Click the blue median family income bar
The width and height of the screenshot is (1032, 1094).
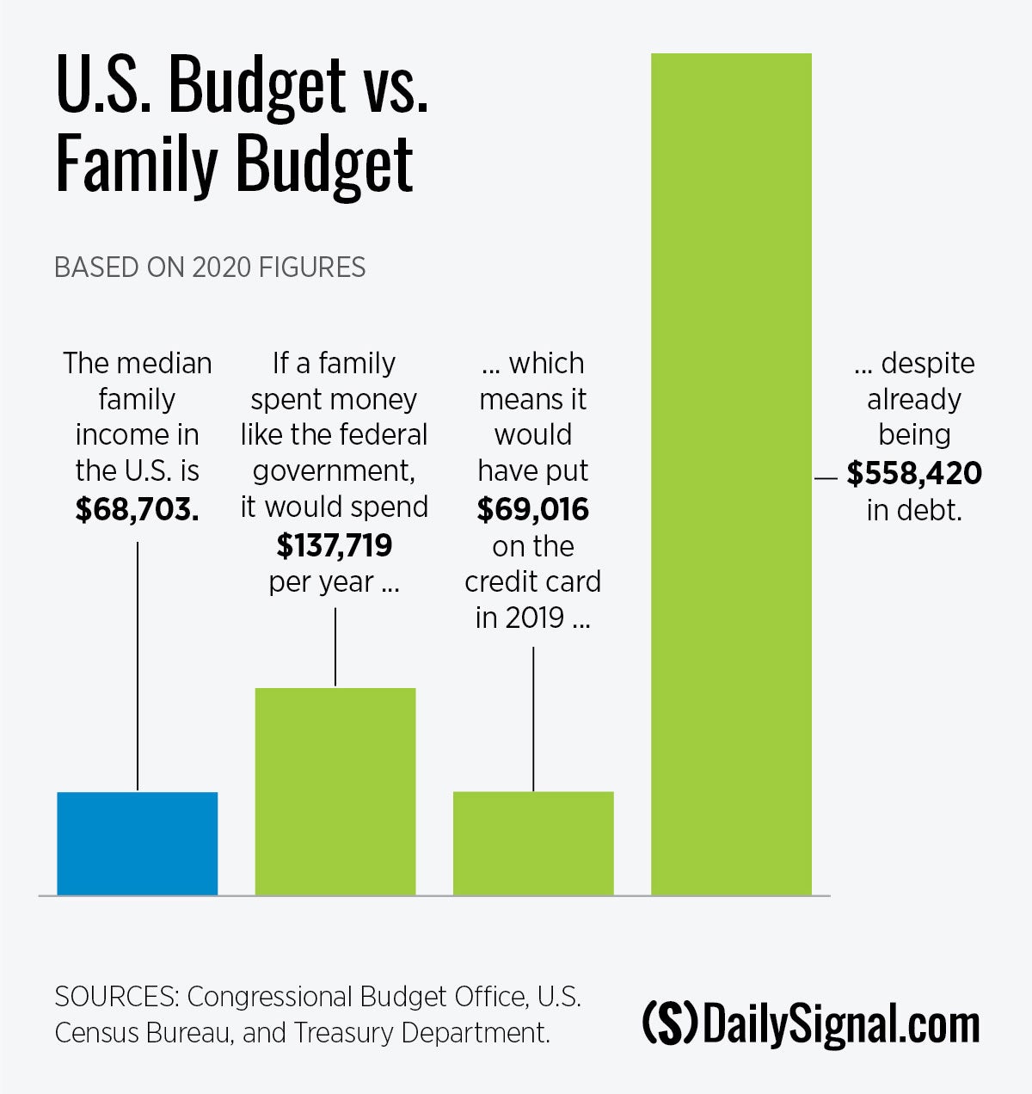(138, 843)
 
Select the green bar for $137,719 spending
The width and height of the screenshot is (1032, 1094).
(335, 791)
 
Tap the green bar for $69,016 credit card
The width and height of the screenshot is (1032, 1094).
(533, 843)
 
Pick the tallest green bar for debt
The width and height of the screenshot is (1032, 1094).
(731, 473)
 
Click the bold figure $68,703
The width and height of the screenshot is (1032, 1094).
(138, 509)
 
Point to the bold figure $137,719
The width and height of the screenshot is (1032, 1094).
(335, 545)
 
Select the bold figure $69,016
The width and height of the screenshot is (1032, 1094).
(533, 509)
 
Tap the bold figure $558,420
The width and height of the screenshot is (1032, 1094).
(914, 473)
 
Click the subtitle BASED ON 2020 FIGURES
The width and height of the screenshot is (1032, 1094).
(210, 267)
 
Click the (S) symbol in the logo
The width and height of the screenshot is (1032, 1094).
(670, 1023)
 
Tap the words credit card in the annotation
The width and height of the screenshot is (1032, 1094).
(533, 581)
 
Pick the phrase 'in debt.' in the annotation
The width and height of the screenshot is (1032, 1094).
(914, 511)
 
